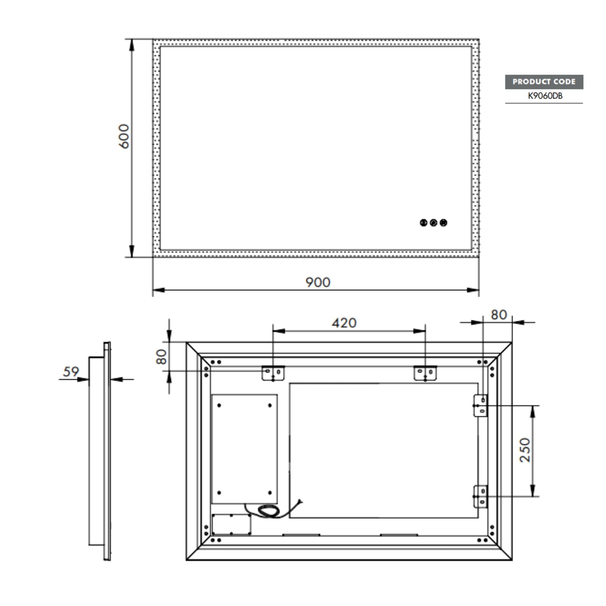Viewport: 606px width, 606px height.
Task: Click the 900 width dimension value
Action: pyautogui.click(x=318, y=282)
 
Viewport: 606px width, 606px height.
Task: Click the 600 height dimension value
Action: pyautogui.click(x=124, y=136)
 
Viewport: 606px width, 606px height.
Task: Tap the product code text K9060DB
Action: pyautogui.click(x=545, y=96)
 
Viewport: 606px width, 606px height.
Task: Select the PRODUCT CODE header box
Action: pyautogui.click(x=544, y=82)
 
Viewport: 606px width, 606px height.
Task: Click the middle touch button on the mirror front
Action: pyautogui.click(x=433, y=223)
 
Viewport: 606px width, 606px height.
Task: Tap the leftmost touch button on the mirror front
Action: pyautogui.click(x=423, y=223)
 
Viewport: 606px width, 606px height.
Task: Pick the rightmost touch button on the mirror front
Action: pyautogui.click(x=444, y=223)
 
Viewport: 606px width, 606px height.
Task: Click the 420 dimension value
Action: pyautogui.click(x=344, y=323)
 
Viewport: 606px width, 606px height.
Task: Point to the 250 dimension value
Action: pyautogui.click(x=525, y=450)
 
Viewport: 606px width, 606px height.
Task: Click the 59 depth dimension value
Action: pyautogui.click(x=71, y=372)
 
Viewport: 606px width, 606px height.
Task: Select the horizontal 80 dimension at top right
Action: pyautogui.click(x=499, y=315)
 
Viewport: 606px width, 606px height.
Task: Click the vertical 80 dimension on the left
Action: pyautogui.click(x=161, y=357)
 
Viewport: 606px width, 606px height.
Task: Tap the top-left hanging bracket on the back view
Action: pyautogui.click(x=273, y=373)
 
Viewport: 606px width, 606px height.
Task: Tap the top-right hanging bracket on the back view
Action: pyautogui.click(x=425, y=373)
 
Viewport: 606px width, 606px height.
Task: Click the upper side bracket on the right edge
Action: pyautogui.click(x=480, y=406)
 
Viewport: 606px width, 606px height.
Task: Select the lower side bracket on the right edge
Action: pyautogui.click(x=480, y=497)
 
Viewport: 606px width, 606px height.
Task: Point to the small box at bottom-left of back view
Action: pyautogui.click(x=231, y=524)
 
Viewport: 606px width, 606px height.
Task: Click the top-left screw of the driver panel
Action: pyautogui.click(x=219, y=406)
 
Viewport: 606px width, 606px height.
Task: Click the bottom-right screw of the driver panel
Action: pyautogui.click(x=270, y=493)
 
